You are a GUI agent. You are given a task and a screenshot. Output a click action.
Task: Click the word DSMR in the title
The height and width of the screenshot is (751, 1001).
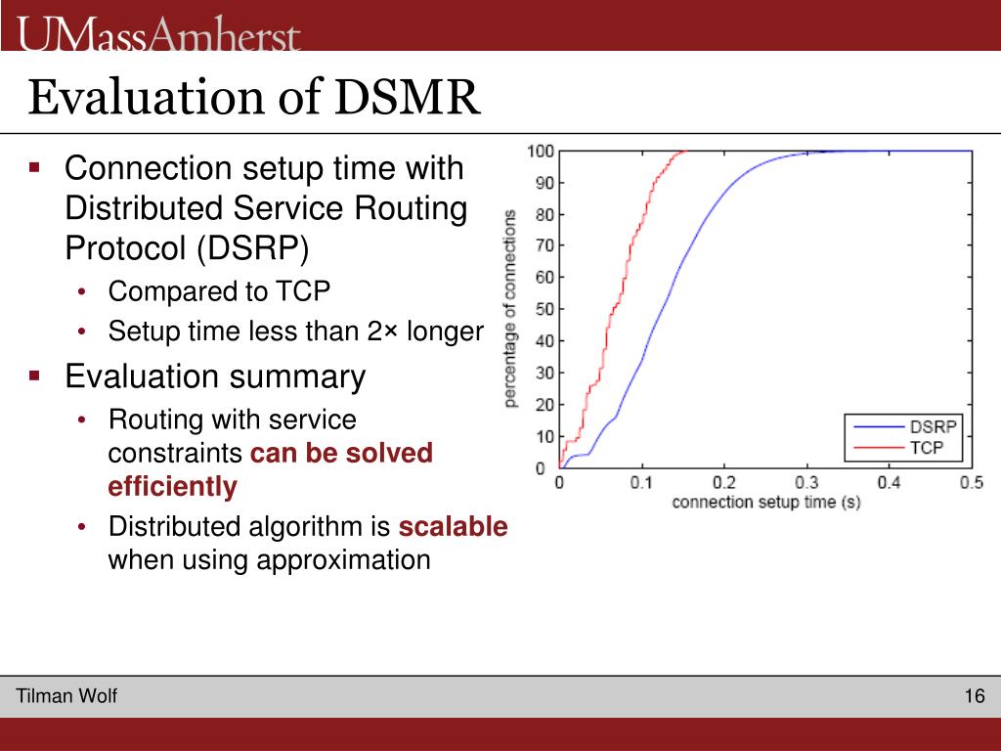(x=407, y=97)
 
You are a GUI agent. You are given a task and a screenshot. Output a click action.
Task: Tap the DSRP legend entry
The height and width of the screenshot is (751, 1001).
(x=904, y=426)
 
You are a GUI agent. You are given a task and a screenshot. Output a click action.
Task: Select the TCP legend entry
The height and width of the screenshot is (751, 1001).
(x=897, y=447)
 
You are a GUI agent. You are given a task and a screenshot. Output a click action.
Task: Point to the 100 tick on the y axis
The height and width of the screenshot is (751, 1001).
(x=540, y=152)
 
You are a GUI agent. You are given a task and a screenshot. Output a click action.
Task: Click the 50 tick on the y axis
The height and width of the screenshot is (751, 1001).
(x=544, y=309)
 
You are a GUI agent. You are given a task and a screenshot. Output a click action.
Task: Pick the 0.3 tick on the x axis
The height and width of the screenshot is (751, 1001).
(x=806, y=482)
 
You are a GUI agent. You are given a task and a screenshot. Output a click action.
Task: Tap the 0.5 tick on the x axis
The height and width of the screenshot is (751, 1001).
(x=972, y=482)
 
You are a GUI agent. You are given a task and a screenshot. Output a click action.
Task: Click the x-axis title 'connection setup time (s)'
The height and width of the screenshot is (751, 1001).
(x=766, y=503)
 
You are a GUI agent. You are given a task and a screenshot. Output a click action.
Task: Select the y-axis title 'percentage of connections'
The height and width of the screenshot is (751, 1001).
(x=509, y=308)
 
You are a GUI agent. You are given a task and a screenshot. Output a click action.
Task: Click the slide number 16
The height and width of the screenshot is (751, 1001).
(x=975, y=695)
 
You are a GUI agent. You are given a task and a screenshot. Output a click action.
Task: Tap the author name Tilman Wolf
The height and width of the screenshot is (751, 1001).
(x=66, y=695)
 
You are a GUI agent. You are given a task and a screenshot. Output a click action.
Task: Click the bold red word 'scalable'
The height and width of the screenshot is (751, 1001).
(x=454, y=527)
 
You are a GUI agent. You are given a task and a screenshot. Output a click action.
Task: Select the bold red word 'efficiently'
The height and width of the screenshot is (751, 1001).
(x=172, y=487)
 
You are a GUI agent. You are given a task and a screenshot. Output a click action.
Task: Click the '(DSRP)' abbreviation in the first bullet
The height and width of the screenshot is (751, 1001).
(x=253, y=248)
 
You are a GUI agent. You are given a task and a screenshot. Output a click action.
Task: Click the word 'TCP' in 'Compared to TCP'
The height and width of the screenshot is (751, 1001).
(x=303, y=291)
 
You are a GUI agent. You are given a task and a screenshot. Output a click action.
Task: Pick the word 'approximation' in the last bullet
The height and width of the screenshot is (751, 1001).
(x=343, y=560)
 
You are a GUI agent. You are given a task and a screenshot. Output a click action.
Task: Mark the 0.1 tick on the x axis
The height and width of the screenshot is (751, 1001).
(x=641, y=482)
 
